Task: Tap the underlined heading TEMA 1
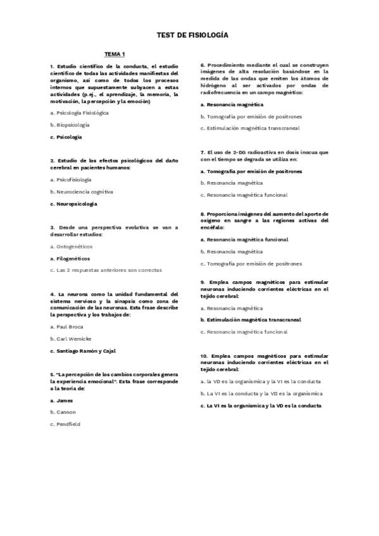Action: (115, 54)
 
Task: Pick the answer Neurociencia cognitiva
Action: (83, 191)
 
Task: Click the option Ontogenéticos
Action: (68, 246)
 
